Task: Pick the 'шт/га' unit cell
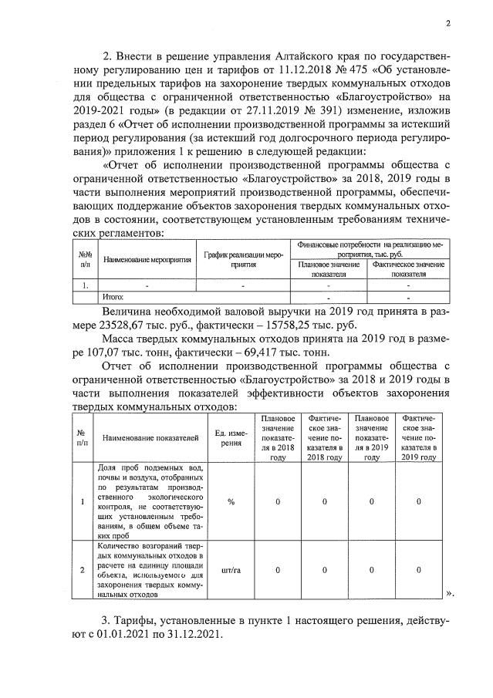[230, 570]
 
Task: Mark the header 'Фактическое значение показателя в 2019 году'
[418, 437]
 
